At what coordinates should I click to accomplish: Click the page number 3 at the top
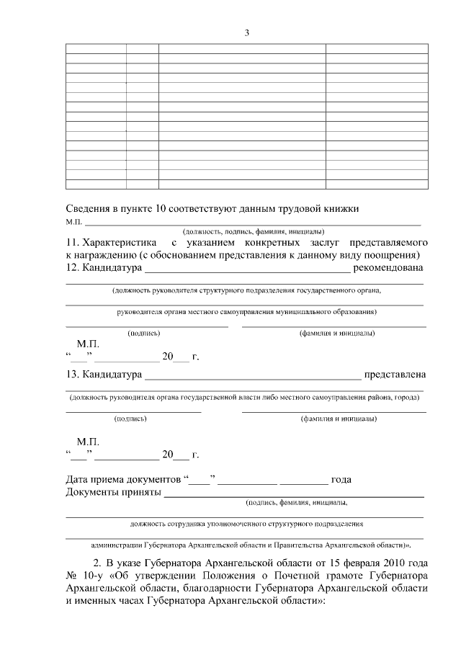tap(246, 32)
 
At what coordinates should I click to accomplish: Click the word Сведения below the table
tap(90, 208)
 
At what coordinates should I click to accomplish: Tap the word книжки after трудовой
tap(339, 208)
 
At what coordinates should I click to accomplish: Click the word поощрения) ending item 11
tap(391, 255)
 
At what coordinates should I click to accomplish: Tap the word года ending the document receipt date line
tap(341, 480)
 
